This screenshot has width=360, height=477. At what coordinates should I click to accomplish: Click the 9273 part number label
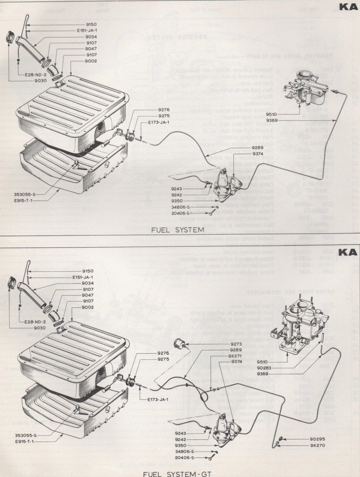[237, 344]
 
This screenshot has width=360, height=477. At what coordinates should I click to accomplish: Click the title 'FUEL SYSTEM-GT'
[177, 474]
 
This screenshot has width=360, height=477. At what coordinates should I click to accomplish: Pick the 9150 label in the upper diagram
[91, 25]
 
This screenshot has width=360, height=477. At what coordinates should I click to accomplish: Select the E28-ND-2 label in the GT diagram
[35, 322]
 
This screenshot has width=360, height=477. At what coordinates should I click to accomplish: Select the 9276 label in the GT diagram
[163, 353]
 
